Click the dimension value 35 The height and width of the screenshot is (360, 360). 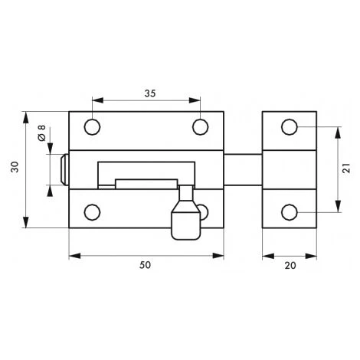click(x=150, y=93)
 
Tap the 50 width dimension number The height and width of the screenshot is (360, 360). click(x=145, y=265)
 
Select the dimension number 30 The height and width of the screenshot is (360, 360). click(x=15, y=167)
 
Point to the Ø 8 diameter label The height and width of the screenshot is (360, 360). click(x=41, y=133)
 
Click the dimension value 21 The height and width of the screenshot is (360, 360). click(x=346, y=169)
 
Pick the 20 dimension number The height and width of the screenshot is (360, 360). click(x=290, y=266)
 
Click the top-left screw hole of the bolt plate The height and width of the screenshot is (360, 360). click(x=92, y=127)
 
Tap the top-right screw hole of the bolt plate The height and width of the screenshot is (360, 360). click(x=201, y=127)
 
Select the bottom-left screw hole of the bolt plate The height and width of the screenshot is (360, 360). click(x=92, y=212)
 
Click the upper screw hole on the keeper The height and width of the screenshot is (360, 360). click(x=290, y=127)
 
